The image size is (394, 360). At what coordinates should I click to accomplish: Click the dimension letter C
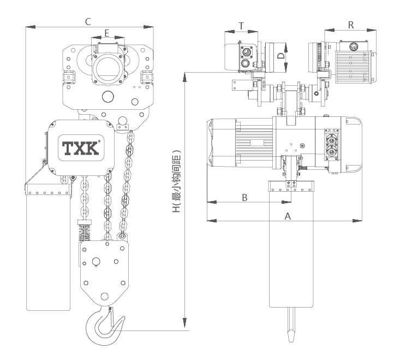(88, 22)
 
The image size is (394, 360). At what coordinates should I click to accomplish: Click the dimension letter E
(107, 33)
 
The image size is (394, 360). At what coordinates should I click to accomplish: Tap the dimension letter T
(241, 26)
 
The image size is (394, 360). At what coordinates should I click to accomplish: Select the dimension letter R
(351, 25)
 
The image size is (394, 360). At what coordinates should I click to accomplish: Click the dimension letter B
(244, 198)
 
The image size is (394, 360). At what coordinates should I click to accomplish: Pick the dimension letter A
(288, 216)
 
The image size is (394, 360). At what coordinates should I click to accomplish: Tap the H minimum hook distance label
(176, 181)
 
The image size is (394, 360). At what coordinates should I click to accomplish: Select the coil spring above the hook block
(85, 233)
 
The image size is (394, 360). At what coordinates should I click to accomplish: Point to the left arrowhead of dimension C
(31, 27)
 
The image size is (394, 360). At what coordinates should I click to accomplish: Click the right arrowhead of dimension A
(357, 221)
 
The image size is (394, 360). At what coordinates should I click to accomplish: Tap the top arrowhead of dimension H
(184, 77)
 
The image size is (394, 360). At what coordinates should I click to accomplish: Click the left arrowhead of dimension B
(212, 202)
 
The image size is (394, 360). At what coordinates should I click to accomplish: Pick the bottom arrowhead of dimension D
(286, 67)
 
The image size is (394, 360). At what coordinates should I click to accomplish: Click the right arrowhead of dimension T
(253, 32)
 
